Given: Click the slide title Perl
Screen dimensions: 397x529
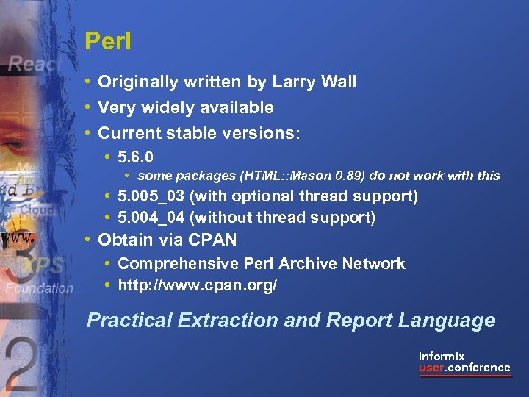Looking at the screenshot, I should pyautogui.click(x=107, y=41).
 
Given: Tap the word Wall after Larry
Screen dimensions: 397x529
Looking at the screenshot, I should pyautogui.click(x=338, y=82).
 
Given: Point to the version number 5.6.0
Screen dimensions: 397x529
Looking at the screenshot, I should pyautogui.click(x=135, y=157).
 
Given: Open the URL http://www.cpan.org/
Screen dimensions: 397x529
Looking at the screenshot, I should pyautogui.click(x=197, y=285).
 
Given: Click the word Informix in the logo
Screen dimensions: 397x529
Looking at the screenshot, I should pyautogui.click(x=442, y=356).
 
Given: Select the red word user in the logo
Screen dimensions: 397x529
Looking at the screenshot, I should pyautogui.click(x=431, y=368).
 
